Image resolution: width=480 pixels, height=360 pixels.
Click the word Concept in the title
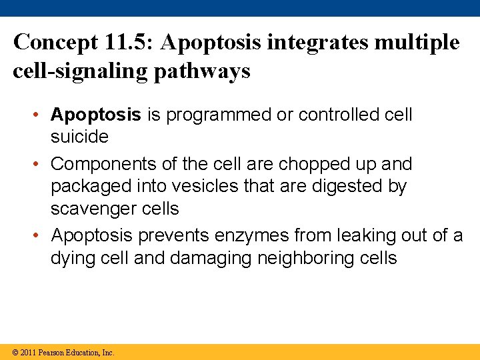[x=55, y=43]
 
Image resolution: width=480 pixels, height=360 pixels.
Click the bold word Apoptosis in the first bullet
[x=96, y=115]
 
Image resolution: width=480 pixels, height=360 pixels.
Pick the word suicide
[x=79, y=137]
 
